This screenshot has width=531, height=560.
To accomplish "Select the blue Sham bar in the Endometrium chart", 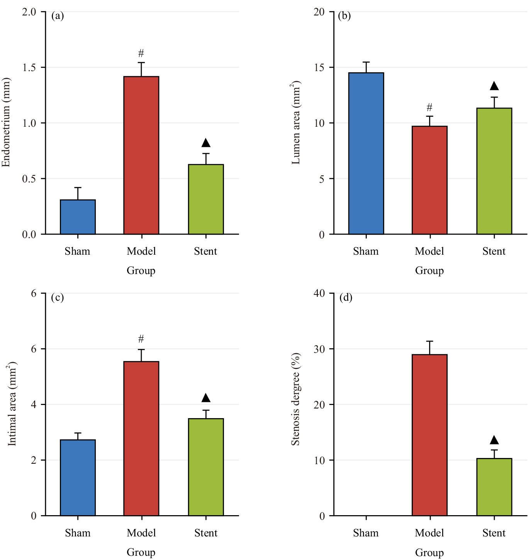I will [78, 217].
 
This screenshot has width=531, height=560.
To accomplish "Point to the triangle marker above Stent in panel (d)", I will [494, 440].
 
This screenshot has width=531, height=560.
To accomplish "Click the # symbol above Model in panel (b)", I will [429, 107].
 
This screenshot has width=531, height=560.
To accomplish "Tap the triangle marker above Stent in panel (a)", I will [206, 143].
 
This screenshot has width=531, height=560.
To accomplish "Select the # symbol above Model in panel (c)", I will [141, 339].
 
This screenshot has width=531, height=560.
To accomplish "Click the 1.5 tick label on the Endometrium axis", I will [29, 68].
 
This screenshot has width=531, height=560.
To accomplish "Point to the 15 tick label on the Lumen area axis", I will [319, 68].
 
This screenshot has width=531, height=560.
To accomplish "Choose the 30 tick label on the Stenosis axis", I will [319, 349].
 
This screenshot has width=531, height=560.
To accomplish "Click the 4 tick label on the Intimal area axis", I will [34, 405].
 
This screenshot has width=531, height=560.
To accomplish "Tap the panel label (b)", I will [344, 16].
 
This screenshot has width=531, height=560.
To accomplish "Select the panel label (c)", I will [57, 298].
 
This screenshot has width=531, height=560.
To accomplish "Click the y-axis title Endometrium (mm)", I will [6, 123].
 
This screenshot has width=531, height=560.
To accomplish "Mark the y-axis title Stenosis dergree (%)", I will [295, 399].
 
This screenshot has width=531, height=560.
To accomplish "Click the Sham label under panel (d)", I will [366, 533].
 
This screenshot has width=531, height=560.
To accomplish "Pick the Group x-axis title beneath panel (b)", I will [429, 271].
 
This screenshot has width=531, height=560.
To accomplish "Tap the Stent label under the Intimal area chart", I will [206, 533].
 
